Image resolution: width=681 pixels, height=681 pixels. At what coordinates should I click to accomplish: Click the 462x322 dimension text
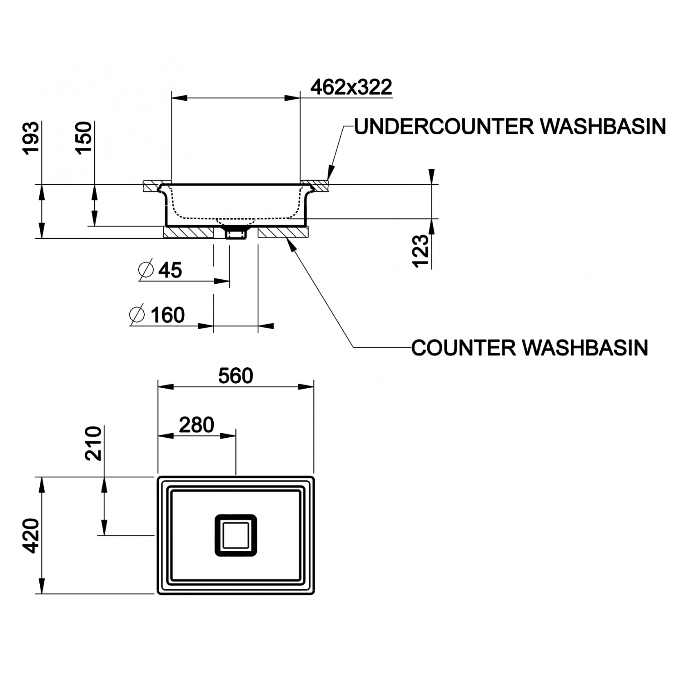(x=351, y=87)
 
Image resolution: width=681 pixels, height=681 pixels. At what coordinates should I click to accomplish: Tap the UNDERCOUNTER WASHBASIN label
(x=509, y=127)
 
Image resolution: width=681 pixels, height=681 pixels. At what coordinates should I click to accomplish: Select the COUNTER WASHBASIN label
(x=529, y=348)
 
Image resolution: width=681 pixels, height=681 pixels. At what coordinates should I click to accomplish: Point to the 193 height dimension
(x=32, y=138)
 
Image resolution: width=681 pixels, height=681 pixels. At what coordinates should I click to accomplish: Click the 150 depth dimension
(x=84, y=138)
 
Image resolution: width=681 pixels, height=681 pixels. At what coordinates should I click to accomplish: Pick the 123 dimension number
(x=421, y=251)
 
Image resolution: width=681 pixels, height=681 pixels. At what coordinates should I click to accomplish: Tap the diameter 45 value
(x=170, y=270)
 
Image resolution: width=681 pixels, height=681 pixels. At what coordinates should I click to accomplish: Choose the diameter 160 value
(x=167, y=315)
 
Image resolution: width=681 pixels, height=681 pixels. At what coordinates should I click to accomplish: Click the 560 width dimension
(x=235, y=376)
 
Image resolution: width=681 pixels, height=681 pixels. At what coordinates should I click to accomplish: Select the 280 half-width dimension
(x=196, y=425)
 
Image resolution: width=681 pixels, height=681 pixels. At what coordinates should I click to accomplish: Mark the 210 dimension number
(x=93, y=443)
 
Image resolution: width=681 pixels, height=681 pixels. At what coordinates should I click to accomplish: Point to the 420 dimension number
(x=32, y=536)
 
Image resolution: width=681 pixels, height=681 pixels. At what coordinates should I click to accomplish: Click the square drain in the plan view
(x=236, y=535)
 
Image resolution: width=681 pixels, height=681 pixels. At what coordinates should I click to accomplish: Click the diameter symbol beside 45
(x=146, y=269)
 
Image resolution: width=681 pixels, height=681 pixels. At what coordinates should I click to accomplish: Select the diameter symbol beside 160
(x=137, y=314)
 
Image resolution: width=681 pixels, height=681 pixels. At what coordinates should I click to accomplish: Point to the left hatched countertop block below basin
(x=188, y=232)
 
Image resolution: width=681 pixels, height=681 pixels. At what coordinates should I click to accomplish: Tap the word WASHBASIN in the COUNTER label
(x=586, y=348)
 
